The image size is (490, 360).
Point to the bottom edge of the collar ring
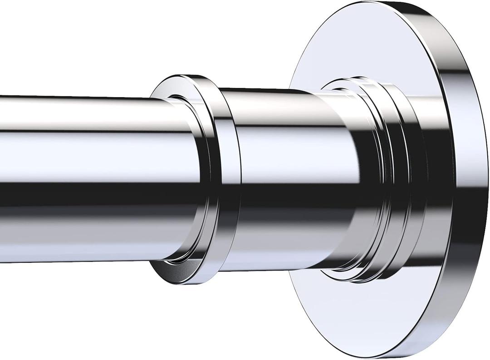point(191,278)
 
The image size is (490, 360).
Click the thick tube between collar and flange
point(290,182)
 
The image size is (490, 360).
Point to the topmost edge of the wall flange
point(386,2)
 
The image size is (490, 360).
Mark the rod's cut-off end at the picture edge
point(2,177)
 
